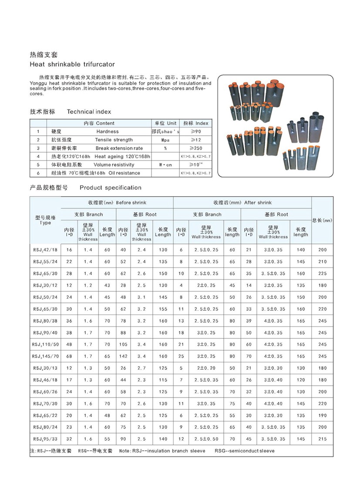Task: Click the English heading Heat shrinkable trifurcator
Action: (72, 64)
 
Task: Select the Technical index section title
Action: (89, 112)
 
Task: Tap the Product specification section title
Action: (111, 188)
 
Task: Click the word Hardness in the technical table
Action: (108, 131)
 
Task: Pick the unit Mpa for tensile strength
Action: (165, 140)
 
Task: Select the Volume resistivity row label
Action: (114, 165)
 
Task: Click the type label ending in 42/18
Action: (45, 250)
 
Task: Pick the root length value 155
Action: (163, 309)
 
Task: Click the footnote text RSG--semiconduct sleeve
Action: (244, 451)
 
